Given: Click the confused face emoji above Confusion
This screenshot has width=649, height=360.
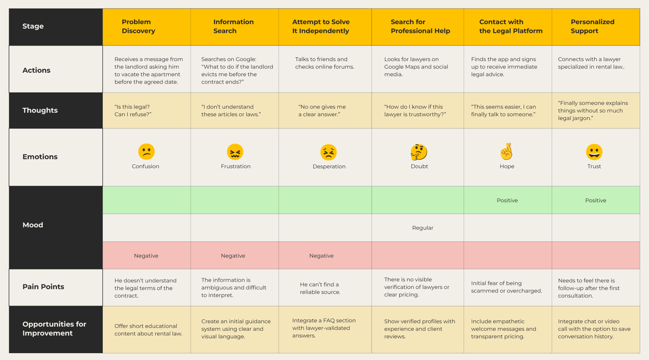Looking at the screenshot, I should pos(146,151).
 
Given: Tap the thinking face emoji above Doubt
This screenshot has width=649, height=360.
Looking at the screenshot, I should pos(419,152).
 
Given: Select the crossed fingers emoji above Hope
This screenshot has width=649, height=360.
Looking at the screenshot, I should pos(507,151).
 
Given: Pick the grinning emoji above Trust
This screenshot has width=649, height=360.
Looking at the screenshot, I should pos(594,152).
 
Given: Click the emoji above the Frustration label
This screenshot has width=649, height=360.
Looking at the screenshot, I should pos(235,152).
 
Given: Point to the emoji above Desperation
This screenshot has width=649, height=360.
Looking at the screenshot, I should pos(328,152).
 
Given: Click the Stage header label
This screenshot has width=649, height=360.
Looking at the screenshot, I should pos(33,26).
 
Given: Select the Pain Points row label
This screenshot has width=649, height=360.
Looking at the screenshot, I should pos(43,287).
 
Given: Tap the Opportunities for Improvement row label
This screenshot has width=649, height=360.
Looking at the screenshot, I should pos(54,328).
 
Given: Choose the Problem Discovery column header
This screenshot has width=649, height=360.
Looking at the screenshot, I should pos(138,26).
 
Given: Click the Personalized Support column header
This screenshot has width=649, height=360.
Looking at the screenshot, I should pos(592,26).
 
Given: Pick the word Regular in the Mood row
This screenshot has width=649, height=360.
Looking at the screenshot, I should pos(422,228).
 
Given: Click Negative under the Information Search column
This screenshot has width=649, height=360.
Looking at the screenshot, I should pos(233,256).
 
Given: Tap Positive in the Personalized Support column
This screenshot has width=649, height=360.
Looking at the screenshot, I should pos(595,201).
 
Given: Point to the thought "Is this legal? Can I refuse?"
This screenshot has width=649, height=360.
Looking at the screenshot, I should pos(133,111).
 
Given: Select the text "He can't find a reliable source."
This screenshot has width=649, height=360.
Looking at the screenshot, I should pos(320,288).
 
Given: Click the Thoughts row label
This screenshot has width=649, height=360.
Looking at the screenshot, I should pos(40,110).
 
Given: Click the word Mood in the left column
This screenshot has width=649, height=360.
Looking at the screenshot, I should pos(33,225).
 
